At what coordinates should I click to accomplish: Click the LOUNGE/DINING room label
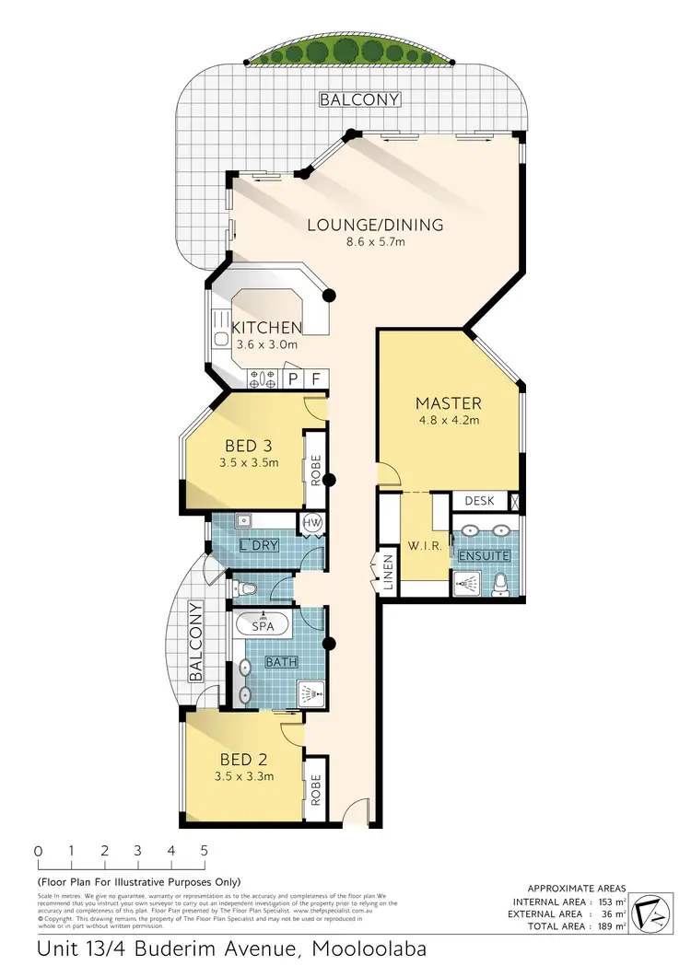click(x=375, y=225)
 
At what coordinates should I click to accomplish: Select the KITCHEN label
click(x=266, y=328)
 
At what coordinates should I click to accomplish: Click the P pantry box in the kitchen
click(x=294, y=378)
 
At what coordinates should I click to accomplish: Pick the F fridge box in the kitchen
click(x=315, y=378)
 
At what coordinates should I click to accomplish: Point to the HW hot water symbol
click(x=312, y=523)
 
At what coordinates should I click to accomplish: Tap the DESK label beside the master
click(x=479, y=502)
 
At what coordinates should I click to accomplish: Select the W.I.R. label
click(x=427, y=546)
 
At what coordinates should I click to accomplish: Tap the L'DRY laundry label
click(x=259, y=546)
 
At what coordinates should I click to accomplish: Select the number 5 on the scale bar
click(x=204, y=851)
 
